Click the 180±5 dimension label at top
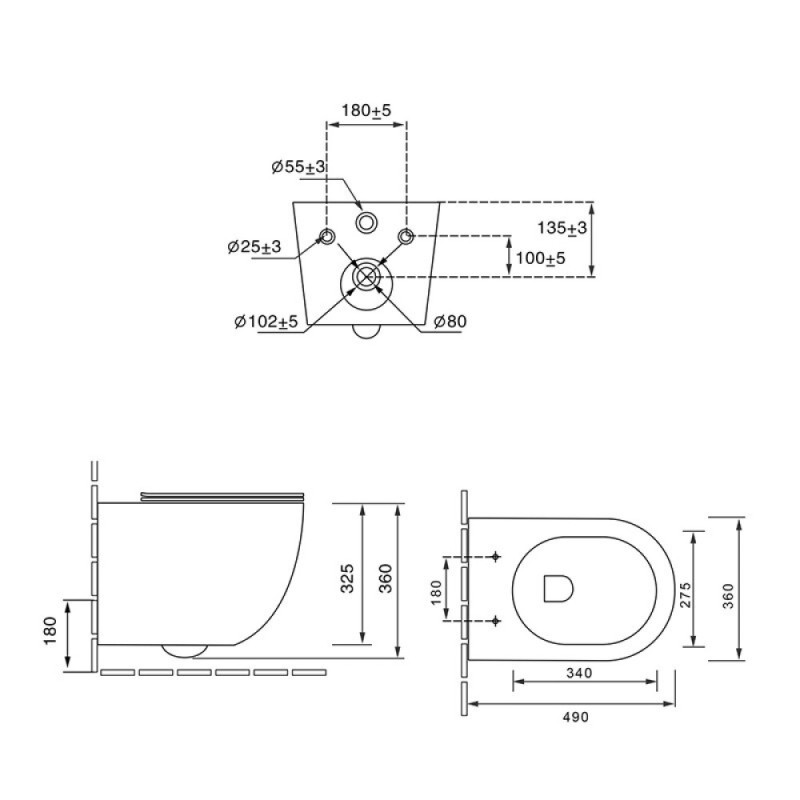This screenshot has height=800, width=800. [366, 111]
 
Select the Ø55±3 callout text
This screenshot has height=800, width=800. [298, 167]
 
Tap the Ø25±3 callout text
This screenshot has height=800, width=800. [254, 247]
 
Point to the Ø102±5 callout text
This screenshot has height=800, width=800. [266, 321]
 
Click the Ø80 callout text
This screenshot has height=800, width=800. [450, 321]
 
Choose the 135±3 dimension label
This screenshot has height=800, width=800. [562, 228]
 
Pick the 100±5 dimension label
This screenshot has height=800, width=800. [540, 258]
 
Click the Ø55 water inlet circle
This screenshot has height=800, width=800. [366, 223]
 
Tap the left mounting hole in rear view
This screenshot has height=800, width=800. [327, 236]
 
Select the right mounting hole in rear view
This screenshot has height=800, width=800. [406, 236]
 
